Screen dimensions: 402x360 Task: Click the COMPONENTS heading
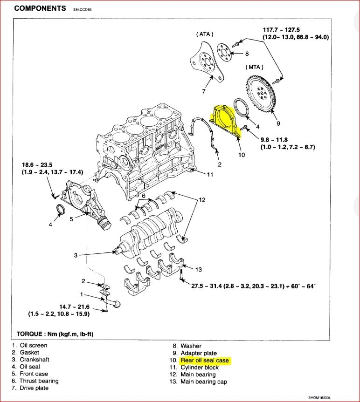[x=40, y=8]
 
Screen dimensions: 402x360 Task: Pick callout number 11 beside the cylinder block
[x=210, y=175]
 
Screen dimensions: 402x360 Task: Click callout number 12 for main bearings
[x=201, y=200]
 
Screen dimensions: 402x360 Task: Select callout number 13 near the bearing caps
[x=199, y=269]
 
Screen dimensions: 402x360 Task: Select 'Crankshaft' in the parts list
[x=34, y=360]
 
